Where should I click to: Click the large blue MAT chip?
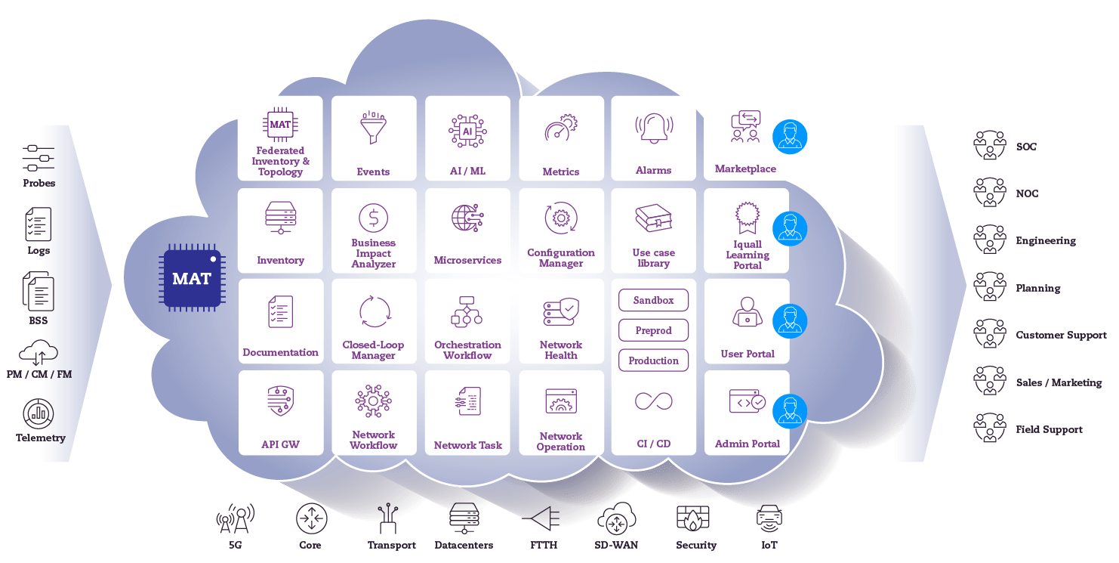pos(191,278)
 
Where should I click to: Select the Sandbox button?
pos(653,300)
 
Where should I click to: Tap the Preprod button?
pos(653,330)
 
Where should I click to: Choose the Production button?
pos(653,360)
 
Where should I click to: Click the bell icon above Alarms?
pos(653,128)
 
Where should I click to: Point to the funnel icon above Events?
pos(373,128)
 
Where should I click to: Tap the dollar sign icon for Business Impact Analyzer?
pos(373,218)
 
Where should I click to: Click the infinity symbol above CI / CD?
pos(653,401)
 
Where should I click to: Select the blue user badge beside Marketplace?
pos(790,137)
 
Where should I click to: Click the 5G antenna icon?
pos(235,518)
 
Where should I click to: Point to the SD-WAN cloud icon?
pos(616,518)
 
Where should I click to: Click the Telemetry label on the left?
pos(41,438)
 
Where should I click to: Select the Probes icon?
pos(38,158)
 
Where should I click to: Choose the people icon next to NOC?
pos(989,193)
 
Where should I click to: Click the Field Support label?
pos(1049,429)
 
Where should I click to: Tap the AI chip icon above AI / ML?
pos(467,130)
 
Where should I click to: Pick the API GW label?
pos(280,444)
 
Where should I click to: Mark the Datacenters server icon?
pos(464,518)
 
